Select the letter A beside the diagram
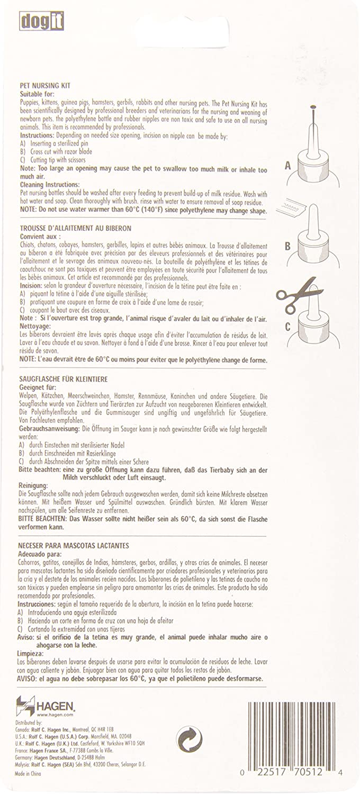click(x=288, y=166)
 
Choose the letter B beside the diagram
click(x=287, y=246)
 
